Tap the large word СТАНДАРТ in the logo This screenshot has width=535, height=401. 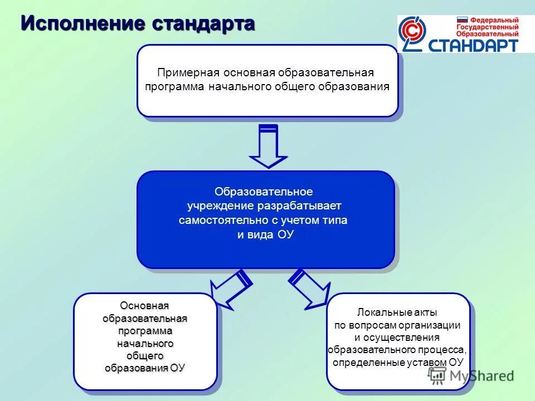(x=474, y=46)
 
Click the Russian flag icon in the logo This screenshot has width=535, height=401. (x=462, y=19)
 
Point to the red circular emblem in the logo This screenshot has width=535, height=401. (x=414, y=34)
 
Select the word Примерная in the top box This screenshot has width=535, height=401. (x=188, y=73)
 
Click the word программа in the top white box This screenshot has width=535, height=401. (x=175, y=87)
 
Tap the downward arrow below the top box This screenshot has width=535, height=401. (x=268, y=146)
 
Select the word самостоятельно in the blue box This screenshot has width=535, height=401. (x=218, y=221)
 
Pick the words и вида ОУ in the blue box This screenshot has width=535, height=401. (x=265, y=234)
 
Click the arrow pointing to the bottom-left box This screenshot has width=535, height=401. (x=230, y=288)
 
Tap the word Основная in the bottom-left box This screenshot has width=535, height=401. (x=145, y=306)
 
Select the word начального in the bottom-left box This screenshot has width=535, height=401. (x=145, y=343)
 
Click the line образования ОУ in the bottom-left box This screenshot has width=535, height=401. (x=145, y=368)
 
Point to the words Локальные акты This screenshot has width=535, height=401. (x=397, y=312)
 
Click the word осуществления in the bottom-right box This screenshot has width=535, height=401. (x=397, y=338)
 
